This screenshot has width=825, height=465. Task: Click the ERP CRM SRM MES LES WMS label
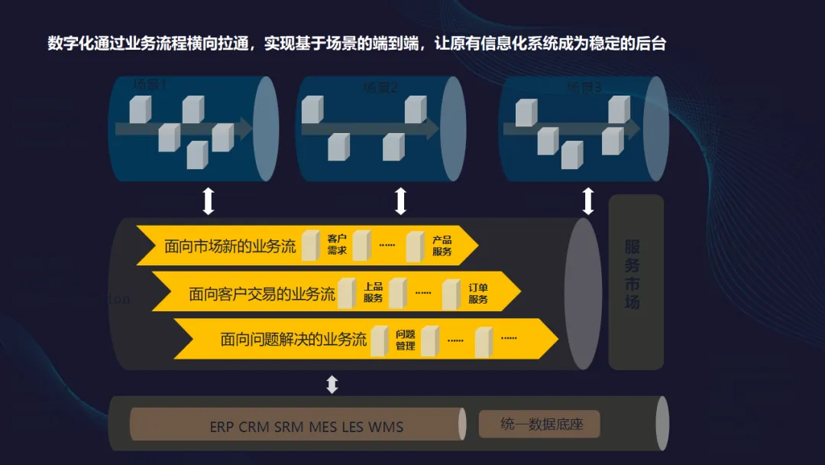(x=306, y=427)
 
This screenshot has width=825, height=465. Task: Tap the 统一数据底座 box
(x=539, y=424)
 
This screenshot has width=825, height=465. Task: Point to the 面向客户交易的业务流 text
(x=262, y=294)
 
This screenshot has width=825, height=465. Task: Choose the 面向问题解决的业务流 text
(x=293, y=340)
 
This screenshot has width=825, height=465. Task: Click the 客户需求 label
(x=337, y=245)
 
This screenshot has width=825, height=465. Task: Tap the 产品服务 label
(x=442, y=246)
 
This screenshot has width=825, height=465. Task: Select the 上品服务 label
(x=373, y=293)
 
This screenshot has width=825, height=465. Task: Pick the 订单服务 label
(x=478, y=294)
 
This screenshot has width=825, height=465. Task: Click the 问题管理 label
(x=406, y=340)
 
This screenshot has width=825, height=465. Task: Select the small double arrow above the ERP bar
(x=332, y=384)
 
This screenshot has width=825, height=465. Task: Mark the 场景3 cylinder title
(x=584, y=88)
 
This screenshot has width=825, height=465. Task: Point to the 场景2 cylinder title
(x=380, y=88)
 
